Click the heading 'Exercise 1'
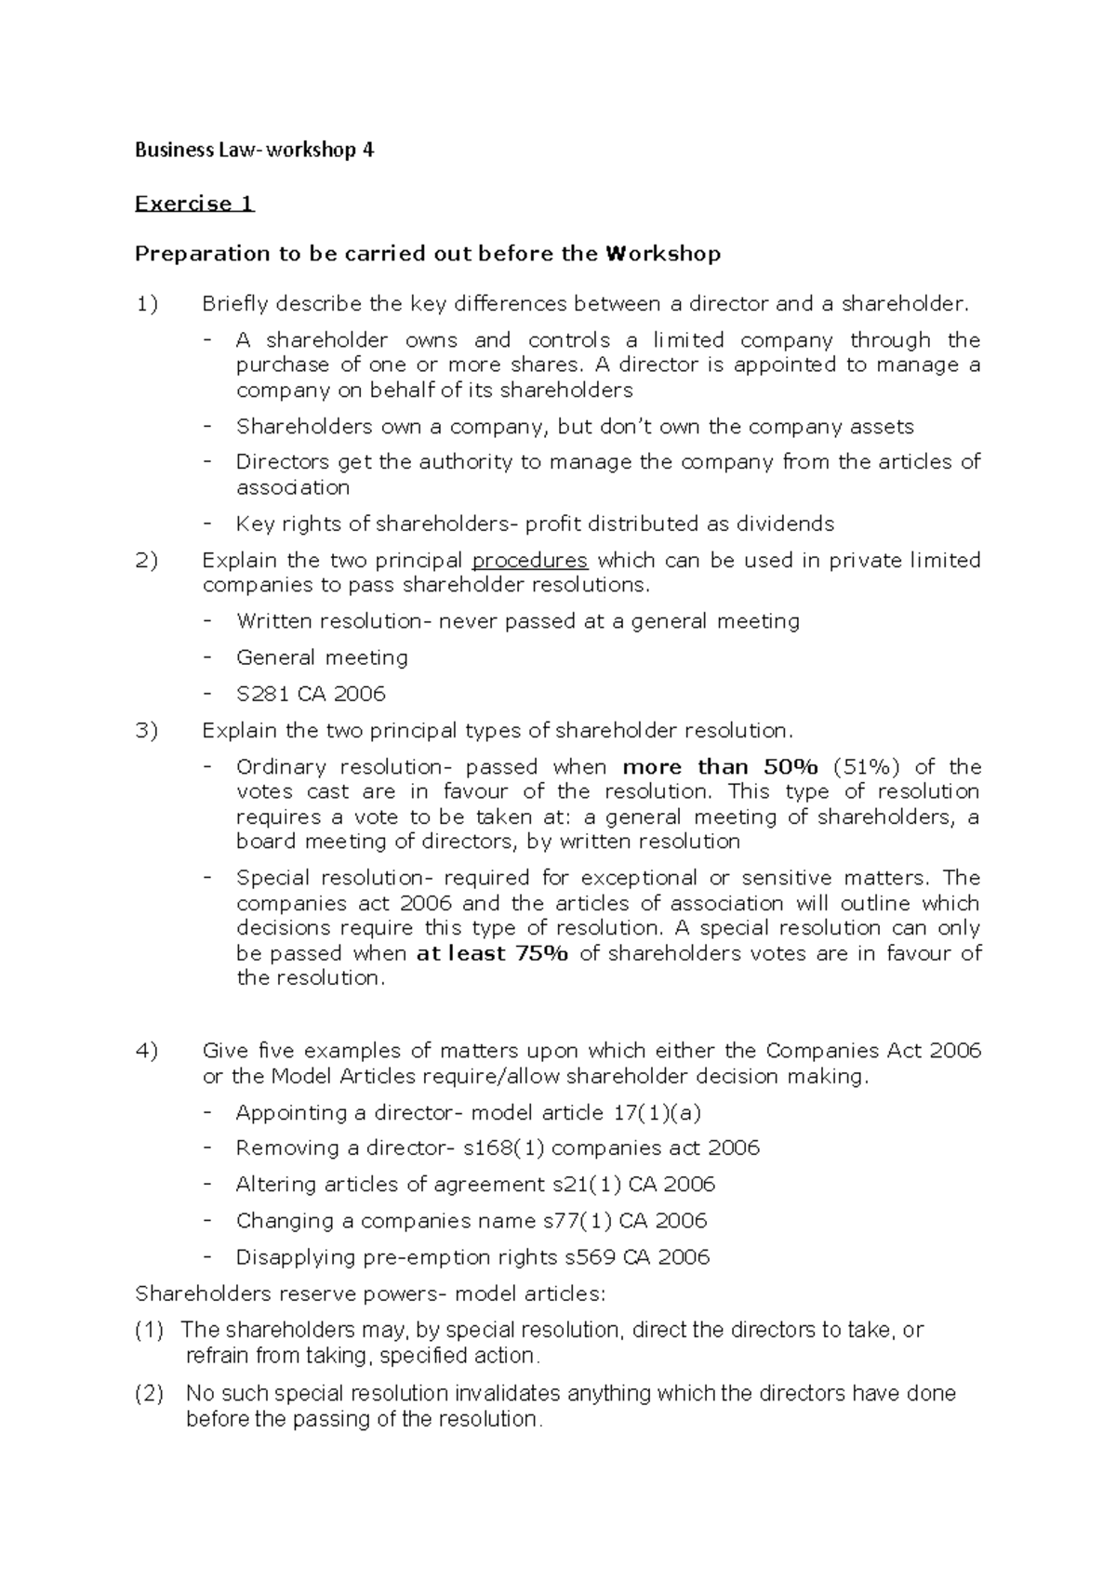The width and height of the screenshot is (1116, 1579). point(194,204)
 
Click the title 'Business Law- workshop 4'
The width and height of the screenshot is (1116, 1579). point(254,151)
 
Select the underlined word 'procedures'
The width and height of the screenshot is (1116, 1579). point(530,561)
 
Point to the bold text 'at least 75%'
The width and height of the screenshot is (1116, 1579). point(492,953)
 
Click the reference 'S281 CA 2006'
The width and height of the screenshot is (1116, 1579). point(311,694)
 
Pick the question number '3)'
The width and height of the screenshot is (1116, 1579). point(147,731)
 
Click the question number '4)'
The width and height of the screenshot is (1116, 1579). point(147,1051)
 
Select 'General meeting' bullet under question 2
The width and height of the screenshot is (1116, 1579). point(322,657)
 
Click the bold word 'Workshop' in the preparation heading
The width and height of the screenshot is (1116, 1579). point(662,254)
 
